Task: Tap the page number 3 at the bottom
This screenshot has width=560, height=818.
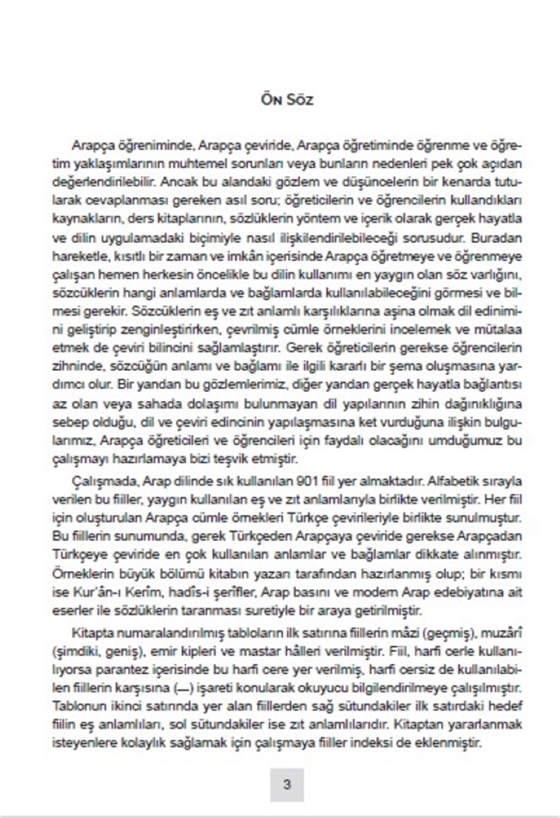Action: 287,784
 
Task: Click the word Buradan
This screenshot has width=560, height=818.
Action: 497,238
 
